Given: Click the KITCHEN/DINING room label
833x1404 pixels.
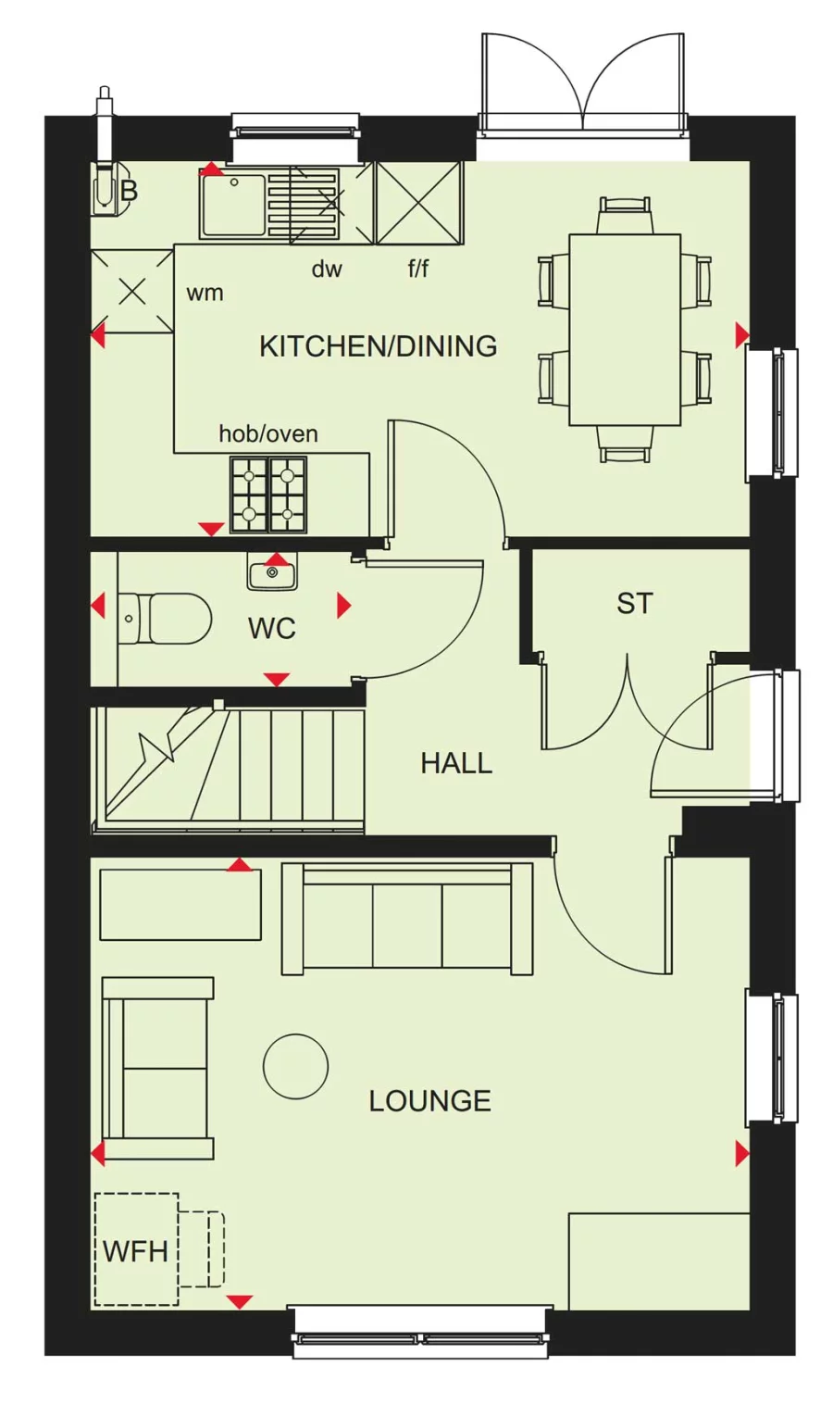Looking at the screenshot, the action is (379, 346).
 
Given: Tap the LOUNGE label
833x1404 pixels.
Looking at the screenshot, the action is (429, 1100).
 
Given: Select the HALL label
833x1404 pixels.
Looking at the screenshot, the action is (456, 763).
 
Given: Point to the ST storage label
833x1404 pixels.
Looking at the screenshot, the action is (634, 603).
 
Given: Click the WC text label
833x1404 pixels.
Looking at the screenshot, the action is (272, 628).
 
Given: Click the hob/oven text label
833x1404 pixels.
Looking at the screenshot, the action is (268, 433).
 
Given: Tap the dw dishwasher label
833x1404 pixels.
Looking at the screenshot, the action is (327, 269).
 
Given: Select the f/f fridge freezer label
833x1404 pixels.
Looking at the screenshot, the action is (418, 269).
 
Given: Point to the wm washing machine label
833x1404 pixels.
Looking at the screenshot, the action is (205, 293).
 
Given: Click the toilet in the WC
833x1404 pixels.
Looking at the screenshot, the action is (165, 618).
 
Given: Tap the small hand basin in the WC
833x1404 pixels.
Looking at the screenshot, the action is (272, 571).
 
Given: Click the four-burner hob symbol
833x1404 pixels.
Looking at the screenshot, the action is (268, 495).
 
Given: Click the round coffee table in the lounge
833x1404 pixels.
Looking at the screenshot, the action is (295, 1066).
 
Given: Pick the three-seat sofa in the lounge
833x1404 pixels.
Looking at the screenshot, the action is (407, 919).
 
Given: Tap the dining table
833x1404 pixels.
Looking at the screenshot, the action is (625, 330).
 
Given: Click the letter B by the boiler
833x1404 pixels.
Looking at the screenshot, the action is (129, 191).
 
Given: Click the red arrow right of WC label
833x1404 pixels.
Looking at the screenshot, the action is (344, 605).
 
